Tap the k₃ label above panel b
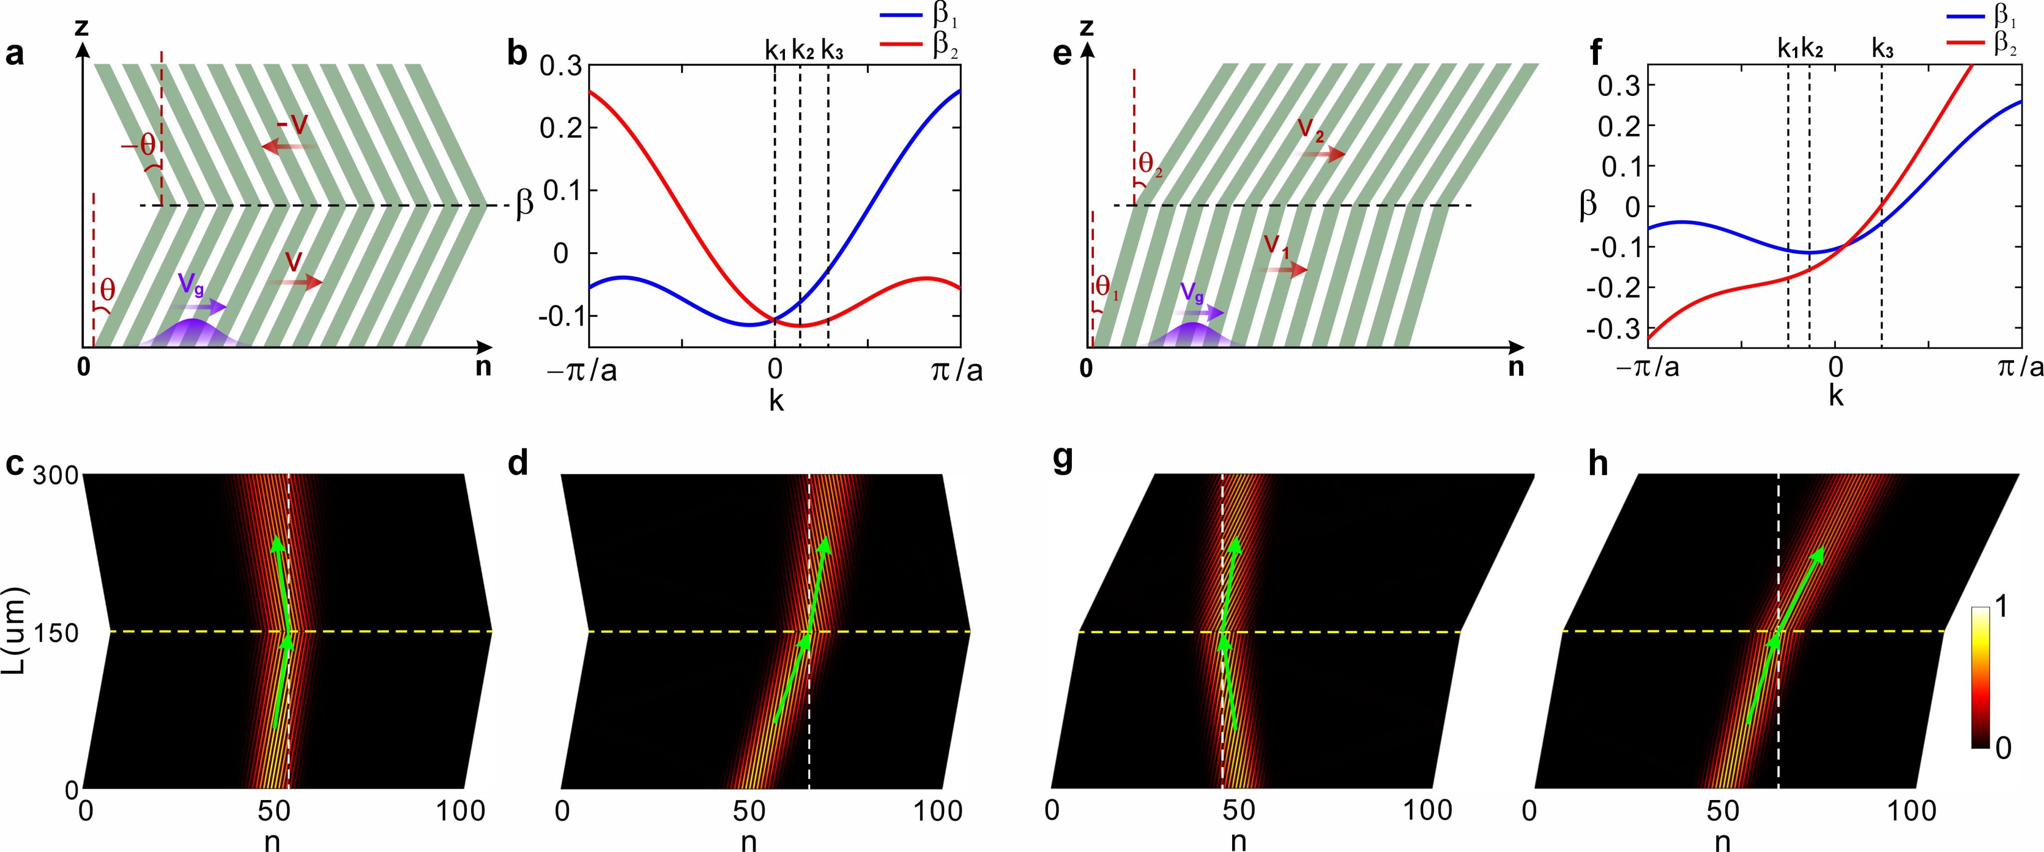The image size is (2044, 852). (x=831, y=50)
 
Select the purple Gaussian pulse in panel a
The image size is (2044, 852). (x=193, y=334)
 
